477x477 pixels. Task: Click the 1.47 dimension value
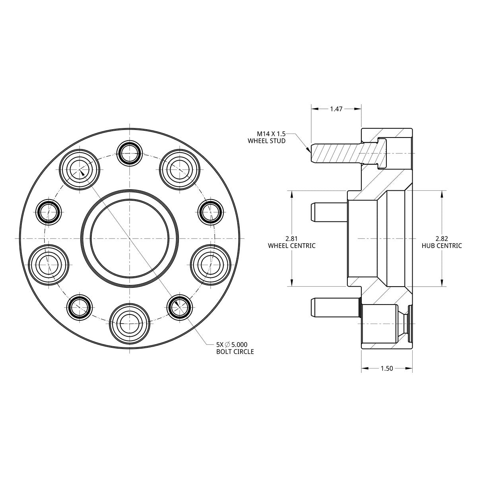[x=336, y=109]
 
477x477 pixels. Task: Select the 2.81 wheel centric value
[x=292, y=238]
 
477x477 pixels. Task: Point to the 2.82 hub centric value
[x=442, y=238]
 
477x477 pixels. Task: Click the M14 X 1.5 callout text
[x=271, y=134]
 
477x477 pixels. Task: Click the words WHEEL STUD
[x=267, y=141]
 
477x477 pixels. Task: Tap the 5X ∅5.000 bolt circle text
[x=232, y=345]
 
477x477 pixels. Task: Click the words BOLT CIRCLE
[x=235, y=351]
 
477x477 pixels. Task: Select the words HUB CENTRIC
[x=442, y=246]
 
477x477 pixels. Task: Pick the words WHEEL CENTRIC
[x=292, y=246]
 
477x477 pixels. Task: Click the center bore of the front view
[x=130, y=238]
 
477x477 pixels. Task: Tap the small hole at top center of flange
[x=130, y=153]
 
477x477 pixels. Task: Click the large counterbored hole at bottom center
[x=130, y=323]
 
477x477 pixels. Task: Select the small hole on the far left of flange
[x=48, y=212]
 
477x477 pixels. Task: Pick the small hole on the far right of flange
[x=211, y=212]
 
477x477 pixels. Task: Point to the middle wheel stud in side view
[x=329, y=212]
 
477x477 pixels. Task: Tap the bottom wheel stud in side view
[x=335, y=308]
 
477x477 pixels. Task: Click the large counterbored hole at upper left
[x=79, y=170]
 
